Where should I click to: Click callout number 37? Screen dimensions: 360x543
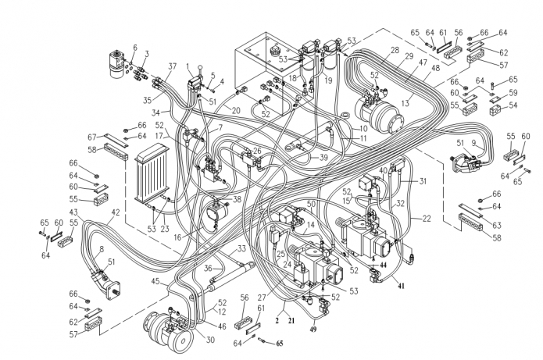172,66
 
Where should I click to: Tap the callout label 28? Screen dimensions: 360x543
396,50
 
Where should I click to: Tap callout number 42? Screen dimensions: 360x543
116,212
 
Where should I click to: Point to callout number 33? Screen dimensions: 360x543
241,249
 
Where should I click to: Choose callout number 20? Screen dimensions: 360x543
235,110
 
